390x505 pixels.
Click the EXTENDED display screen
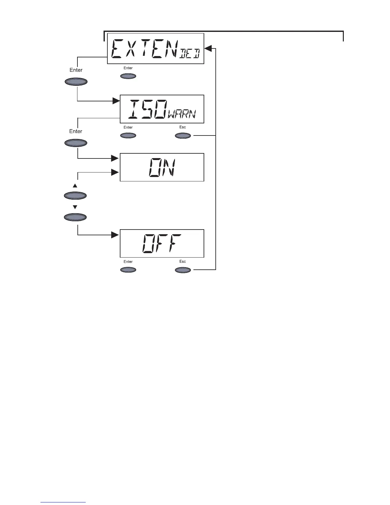point(155,48)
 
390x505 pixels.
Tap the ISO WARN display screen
point(162,109)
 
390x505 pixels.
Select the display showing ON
point(162,167)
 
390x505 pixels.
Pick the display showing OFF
point(162,243)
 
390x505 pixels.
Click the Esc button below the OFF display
point(183,270)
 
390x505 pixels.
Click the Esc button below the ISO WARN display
point(183,136)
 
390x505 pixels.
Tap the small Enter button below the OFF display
point(128,270)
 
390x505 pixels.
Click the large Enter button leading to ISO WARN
point(76,82)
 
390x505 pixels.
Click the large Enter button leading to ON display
point(76,143)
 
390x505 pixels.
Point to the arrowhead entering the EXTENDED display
point(208,48)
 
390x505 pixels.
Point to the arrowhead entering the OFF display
point(115,235)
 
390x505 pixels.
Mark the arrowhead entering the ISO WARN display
point(115,101)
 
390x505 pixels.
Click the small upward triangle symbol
point(75,186)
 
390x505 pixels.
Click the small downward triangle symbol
point(75,207)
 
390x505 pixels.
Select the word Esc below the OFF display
point(183,261)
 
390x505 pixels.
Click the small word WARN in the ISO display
point(182,114)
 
